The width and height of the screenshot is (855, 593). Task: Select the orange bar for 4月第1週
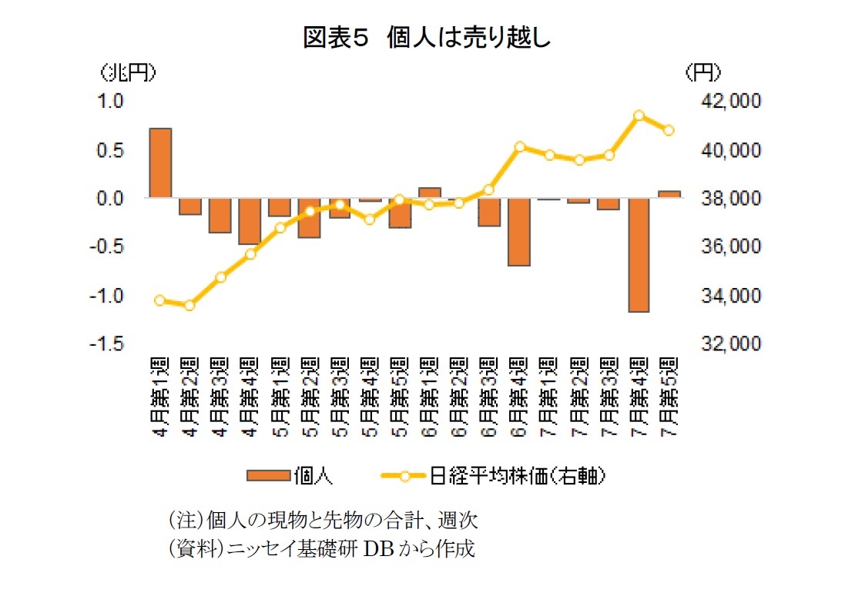[160, 163]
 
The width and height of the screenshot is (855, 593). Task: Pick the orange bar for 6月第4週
[519, 232]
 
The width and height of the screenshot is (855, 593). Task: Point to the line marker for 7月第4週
[639, 116]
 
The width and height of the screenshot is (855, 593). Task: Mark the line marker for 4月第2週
[189, 305]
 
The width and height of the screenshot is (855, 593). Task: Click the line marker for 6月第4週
[519, 146]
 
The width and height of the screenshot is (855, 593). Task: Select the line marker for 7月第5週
[669, 130]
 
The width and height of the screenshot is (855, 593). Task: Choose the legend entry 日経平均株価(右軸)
[493, 475]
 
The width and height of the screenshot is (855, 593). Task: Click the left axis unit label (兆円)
[127, 72]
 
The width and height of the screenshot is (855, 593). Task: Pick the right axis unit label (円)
[702, 72]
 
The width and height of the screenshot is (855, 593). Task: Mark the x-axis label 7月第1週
[549, 396]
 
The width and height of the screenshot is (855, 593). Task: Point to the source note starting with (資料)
[321, 549]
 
